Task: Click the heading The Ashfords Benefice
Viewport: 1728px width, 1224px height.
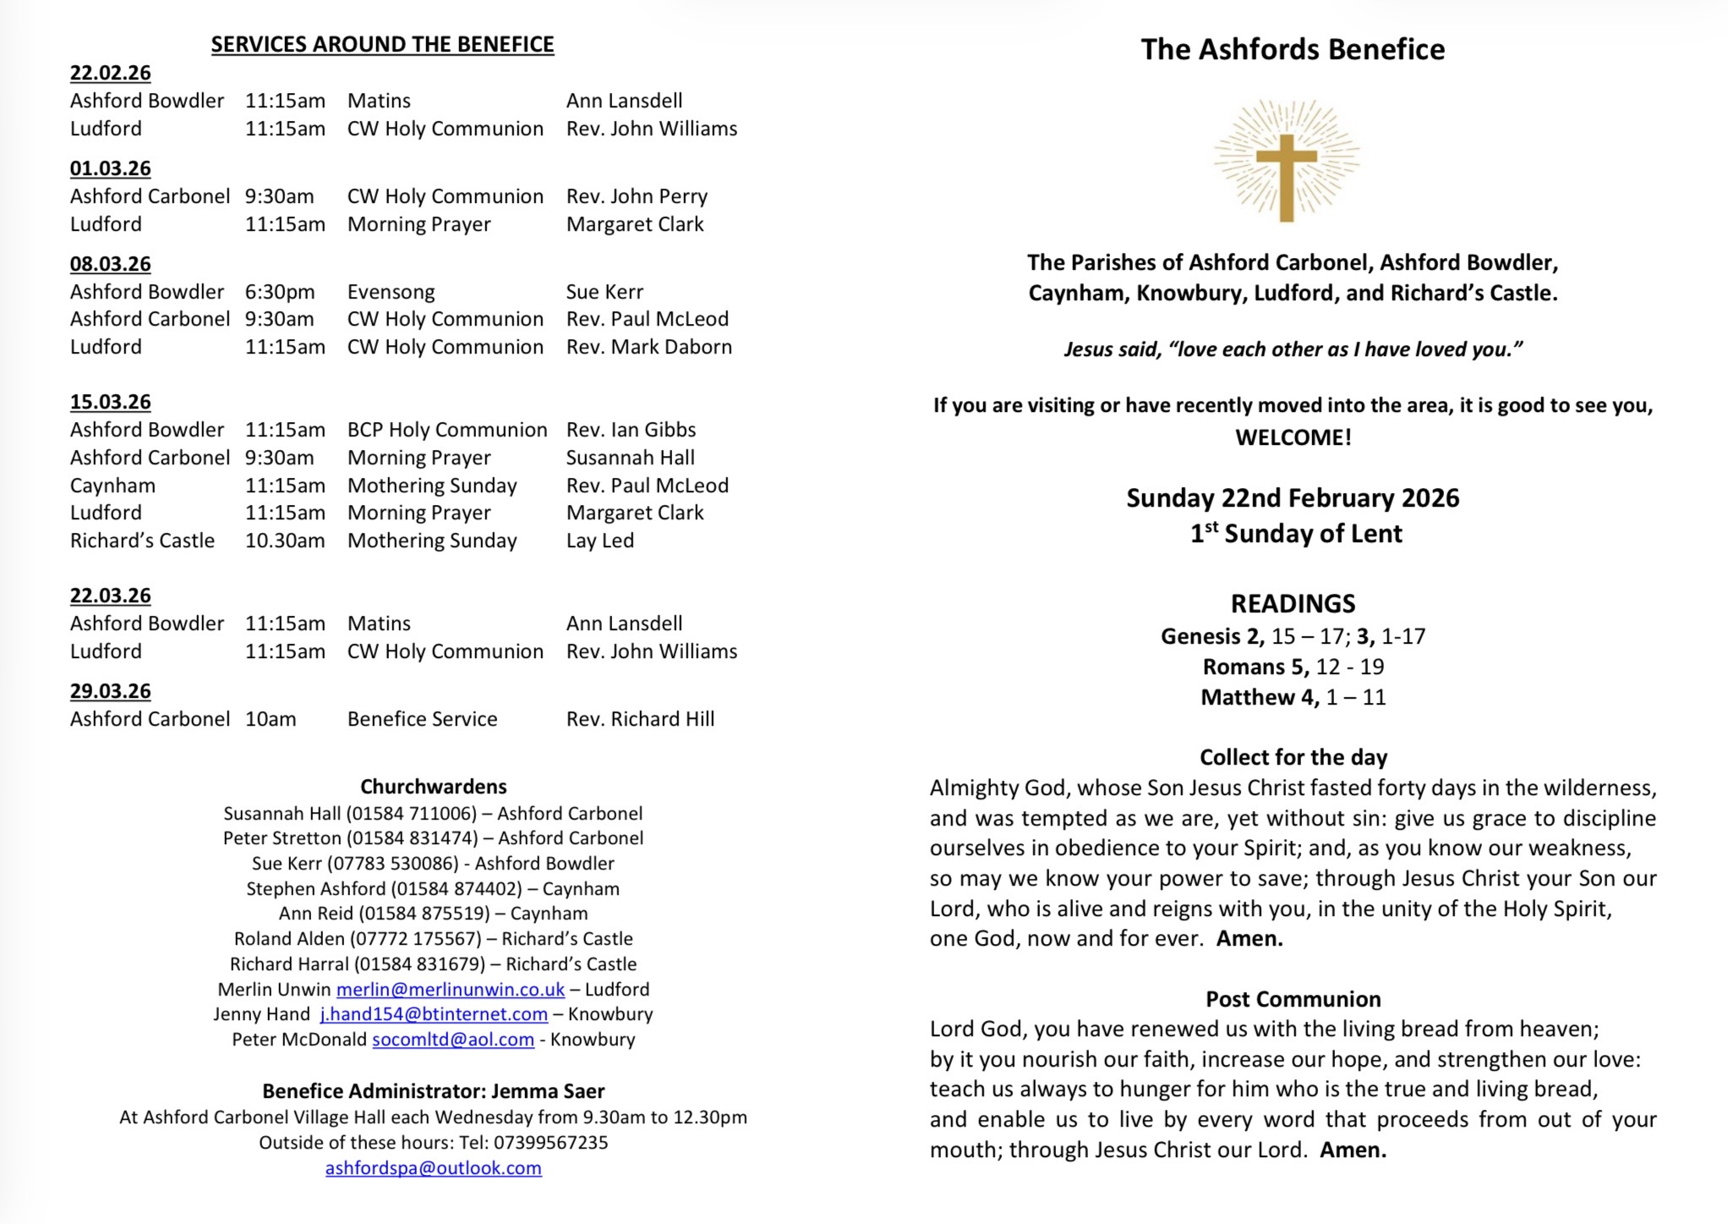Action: (x=1292, y=50)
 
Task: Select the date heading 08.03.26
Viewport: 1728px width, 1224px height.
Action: (x=110, y=264)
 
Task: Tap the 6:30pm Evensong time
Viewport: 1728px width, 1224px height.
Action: (x=280, y=292)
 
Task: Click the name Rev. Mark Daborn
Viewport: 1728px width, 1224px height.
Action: (x=648, y=347)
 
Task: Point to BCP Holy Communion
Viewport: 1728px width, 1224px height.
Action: (x=446, y=430)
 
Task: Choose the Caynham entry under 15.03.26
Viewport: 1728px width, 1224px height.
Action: (x=112, y=486)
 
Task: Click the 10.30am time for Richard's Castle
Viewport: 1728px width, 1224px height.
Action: (x=285, y=541)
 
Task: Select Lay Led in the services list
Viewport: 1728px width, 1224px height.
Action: (x=599, y=541)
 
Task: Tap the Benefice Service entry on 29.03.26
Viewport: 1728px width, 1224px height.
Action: (x=422, y=719)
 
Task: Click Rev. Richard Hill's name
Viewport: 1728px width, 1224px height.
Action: (x=640, y=719)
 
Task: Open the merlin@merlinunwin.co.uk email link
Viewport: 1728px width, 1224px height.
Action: (x=450, y=990)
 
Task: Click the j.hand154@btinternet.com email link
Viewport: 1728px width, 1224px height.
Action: (x=434, y=1014)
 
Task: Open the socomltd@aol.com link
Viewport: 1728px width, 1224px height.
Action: (x=453, y=1040)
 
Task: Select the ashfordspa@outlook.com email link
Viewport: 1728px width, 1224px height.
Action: (x=433, y=1168)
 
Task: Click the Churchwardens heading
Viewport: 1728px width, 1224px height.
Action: (x=433, y=787)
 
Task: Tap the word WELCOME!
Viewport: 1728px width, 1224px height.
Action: (x=1293, y=437)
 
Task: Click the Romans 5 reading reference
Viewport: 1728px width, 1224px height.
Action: (x=1293, y=667)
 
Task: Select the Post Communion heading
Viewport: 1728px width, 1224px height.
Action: (x=1293, y=999)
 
